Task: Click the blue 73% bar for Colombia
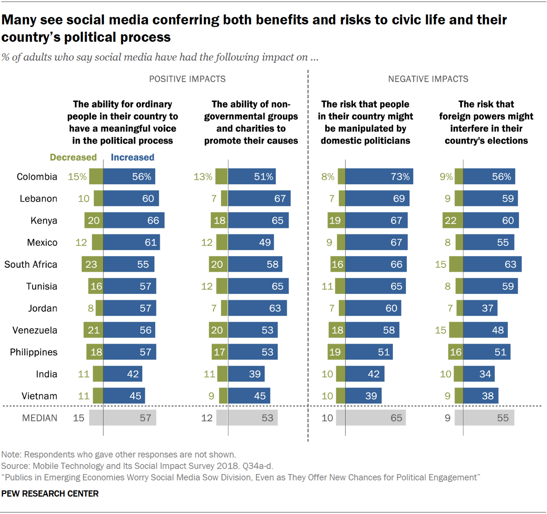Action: [379, 177]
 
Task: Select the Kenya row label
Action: [44, 221]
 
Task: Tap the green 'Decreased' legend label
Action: [73, 158]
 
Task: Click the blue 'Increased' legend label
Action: [132, 158]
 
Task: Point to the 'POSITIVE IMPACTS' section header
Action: [187, 79]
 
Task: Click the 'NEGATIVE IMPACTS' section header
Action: [428, 79]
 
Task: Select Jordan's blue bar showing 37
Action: [480, 308]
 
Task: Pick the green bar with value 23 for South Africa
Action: [92, 264]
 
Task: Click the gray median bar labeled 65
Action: [375, 418]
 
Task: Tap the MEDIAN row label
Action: [39, 418]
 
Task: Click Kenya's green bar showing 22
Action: [453, 221]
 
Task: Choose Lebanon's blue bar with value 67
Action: [259, 199]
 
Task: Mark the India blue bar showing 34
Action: [479, 374]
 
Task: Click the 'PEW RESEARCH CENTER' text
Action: [50, 494]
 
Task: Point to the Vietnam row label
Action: [39, 396]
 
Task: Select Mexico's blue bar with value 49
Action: [251, 242]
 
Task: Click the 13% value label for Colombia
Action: [203, 177]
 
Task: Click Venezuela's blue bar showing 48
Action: [485, 330]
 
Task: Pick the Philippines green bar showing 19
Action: [336, 352]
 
